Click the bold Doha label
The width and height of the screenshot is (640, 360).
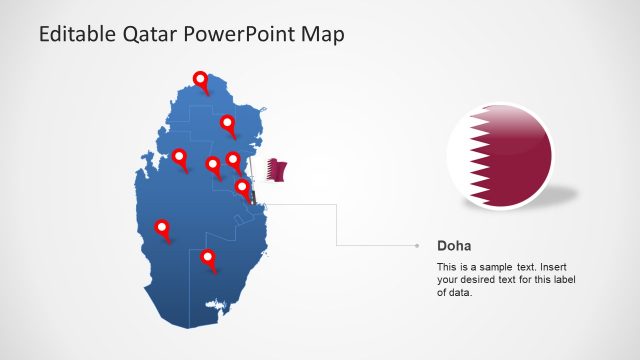coord(454,245)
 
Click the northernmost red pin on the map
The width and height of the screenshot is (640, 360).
coord(201,80)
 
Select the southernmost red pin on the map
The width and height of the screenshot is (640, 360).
coord(208,258)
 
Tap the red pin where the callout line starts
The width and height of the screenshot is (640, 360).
coord(241,187)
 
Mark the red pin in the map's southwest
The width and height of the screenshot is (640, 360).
coord(162,229)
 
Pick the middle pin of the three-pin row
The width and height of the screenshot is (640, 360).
coord(212,165)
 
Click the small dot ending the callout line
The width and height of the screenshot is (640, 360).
coord(417,245)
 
